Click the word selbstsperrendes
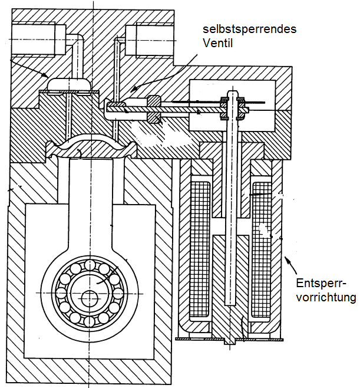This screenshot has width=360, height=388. point(249,29)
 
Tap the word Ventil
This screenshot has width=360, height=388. point(217,43)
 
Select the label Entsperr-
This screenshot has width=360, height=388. point(321,283)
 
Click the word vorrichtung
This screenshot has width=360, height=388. point(326,297)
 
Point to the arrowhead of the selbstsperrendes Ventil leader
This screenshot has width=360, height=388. point(134,89)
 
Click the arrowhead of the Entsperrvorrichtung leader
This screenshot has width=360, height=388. point(287,260)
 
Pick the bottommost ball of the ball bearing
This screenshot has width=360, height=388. point(89,322)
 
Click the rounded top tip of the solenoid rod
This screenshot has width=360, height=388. point(232,93)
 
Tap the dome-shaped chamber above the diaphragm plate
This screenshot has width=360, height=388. point(70,84)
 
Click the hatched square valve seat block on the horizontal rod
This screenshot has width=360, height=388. point(154,110)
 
